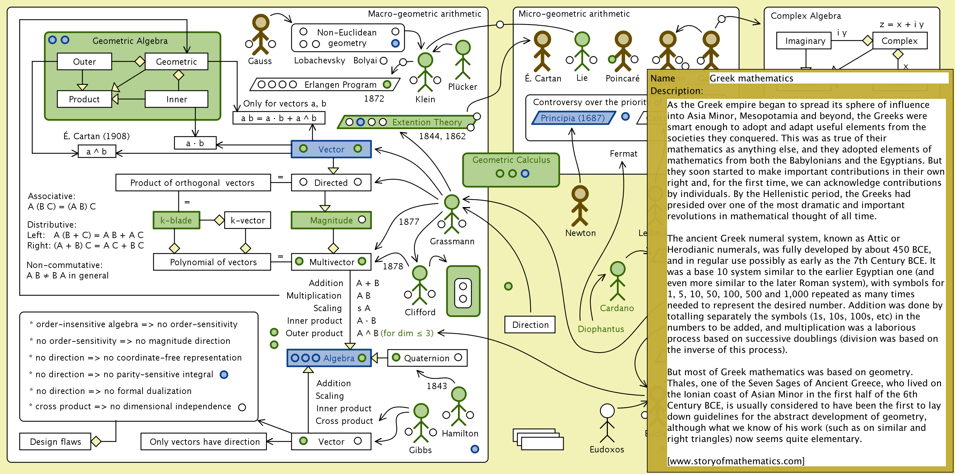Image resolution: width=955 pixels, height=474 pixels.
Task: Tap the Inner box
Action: (176, 99)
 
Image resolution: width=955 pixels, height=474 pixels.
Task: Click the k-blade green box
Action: (176, 220)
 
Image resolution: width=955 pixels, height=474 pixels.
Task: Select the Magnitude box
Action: (331, 220)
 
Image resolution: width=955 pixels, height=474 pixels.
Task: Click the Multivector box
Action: (331, 262)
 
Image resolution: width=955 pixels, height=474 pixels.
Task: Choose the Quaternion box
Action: (427, 358)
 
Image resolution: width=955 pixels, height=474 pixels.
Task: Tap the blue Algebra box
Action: (329, 358)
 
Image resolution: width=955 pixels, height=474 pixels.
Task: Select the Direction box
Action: (530, 325)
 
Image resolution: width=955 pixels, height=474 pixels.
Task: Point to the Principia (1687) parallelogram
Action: (573, 118)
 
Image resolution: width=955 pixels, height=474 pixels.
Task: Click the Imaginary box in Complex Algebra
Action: (804, 41)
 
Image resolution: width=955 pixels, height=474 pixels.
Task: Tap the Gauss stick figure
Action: (261, 35)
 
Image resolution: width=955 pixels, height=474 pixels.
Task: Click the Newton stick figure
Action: (580, 206)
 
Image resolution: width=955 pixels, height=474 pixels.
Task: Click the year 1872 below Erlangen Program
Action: (374, 98)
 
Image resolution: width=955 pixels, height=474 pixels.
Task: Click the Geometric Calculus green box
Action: (511, 169)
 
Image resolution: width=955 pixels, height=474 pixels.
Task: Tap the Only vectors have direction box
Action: (204, 441)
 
